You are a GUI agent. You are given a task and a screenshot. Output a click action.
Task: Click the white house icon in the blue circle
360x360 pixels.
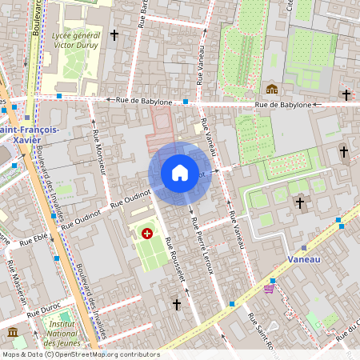point(180,173)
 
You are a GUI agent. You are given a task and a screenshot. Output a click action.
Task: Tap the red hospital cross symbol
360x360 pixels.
point(146,234)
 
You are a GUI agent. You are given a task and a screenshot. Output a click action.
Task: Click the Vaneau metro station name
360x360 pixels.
point(304,259)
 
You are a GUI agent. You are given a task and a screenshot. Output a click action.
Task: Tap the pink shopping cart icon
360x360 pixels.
point(268,290)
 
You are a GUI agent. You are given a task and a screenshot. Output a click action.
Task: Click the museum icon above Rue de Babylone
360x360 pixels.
point(272,89)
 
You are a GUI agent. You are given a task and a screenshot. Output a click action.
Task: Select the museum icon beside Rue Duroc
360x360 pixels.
point(12,331)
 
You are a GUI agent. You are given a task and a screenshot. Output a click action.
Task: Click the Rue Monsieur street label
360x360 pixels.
point(100,151)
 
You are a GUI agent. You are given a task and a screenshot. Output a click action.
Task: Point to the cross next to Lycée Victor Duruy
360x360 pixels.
point(114,35)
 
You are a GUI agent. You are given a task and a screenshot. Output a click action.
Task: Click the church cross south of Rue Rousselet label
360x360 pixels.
point(177,304)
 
